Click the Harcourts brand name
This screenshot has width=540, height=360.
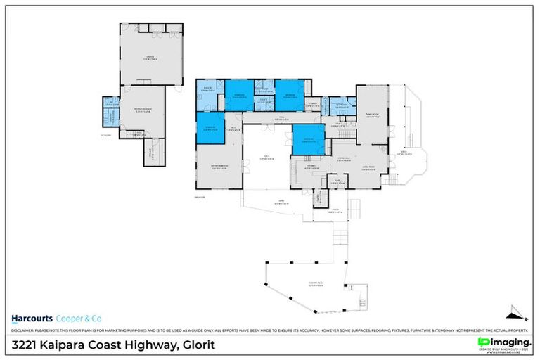point(32,317)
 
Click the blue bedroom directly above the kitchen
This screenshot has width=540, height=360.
point(308,139)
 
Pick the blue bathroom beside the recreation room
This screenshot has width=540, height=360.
point(109,110)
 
